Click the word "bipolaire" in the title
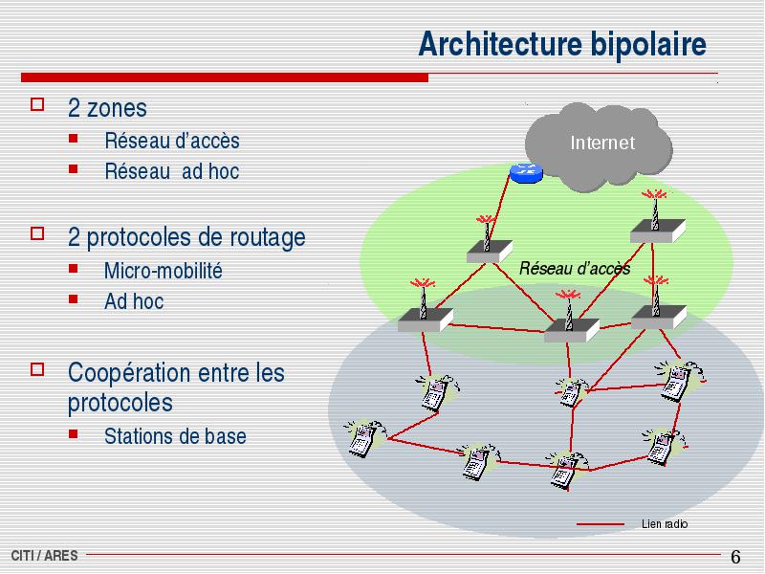[x=648, y=45]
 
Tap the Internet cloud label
[x=602, y=143]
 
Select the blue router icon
[x=526, y=173]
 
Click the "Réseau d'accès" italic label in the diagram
[x=575, y=268]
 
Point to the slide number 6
[x=735, y=557]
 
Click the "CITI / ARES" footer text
[x=44, y=556]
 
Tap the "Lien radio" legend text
[x=665, y=523]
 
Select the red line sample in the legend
[x=601, y=524]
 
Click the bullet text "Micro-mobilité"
[x=164, y=271]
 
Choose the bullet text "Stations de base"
[x=175, y=436]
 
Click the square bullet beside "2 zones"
[x=37, y=104]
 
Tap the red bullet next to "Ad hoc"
[x=74, y=298]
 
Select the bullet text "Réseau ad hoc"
[x=172, y=171]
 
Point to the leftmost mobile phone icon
[x=363, y=438]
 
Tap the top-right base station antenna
[x=655, y=209]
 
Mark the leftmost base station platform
[x=425, y=320]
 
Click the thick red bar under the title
[x=225, y=77]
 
